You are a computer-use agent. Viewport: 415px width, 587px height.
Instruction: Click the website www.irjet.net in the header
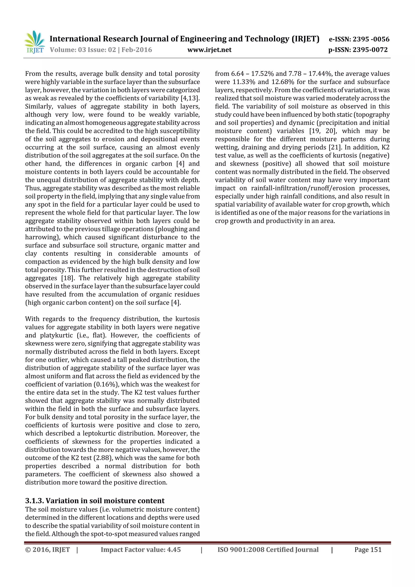pos(209,50)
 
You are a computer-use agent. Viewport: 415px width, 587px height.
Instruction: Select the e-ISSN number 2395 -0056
pos(371,39)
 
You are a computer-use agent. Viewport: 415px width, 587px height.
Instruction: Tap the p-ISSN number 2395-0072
pos(370,50)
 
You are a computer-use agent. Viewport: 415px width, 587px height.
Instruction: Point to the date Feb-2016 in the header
pos(137,50)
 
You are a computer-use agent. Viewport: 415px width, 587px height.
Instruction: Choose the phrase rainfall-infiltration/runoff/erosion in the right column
pos(303,188)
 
